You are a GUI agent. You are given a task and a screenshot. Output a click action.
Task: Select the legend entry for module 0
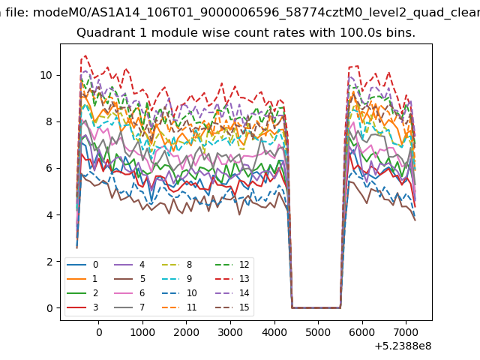pyautogui.click(x=82, y=265)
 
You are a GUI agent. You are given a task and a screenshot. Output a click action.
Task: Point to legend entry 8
pyautogui.click(x=177, y=265)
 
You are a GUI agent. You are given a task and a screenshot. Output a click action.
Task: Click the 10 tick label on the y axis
pyautogui.click(x=46, y=75)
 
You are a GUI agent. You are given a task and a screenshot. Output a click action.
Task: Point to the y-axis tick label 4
pyautogui.click(x=49, y=215)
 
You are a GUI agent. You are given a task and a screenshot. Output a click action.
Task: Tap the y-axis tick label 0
pyautogui.click(x=49, y=308)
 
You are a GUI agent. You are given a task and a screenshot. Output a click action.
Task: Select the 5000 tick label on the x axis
pyautogui.click(x=318, y=332)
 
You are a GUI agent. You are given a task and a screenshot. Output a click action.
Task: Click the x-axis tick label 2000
pyautogui.click(x=187, y=332)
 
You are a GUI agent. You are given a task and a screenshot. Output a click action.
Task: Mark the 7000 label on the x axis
pyautogui.click(x=406, y=332)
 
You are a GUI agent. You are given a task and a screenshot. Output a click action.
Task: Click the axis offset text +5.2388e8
pyautogui.click(x=403, y=346)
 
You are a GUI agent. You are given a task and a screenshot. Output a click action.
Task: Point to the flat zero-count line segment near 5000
pyautogui.click(x=316, y=307)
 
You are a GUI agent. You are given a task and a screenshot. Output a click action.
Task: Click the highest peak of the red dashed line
pyautogui.click(x=85, y=55)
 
